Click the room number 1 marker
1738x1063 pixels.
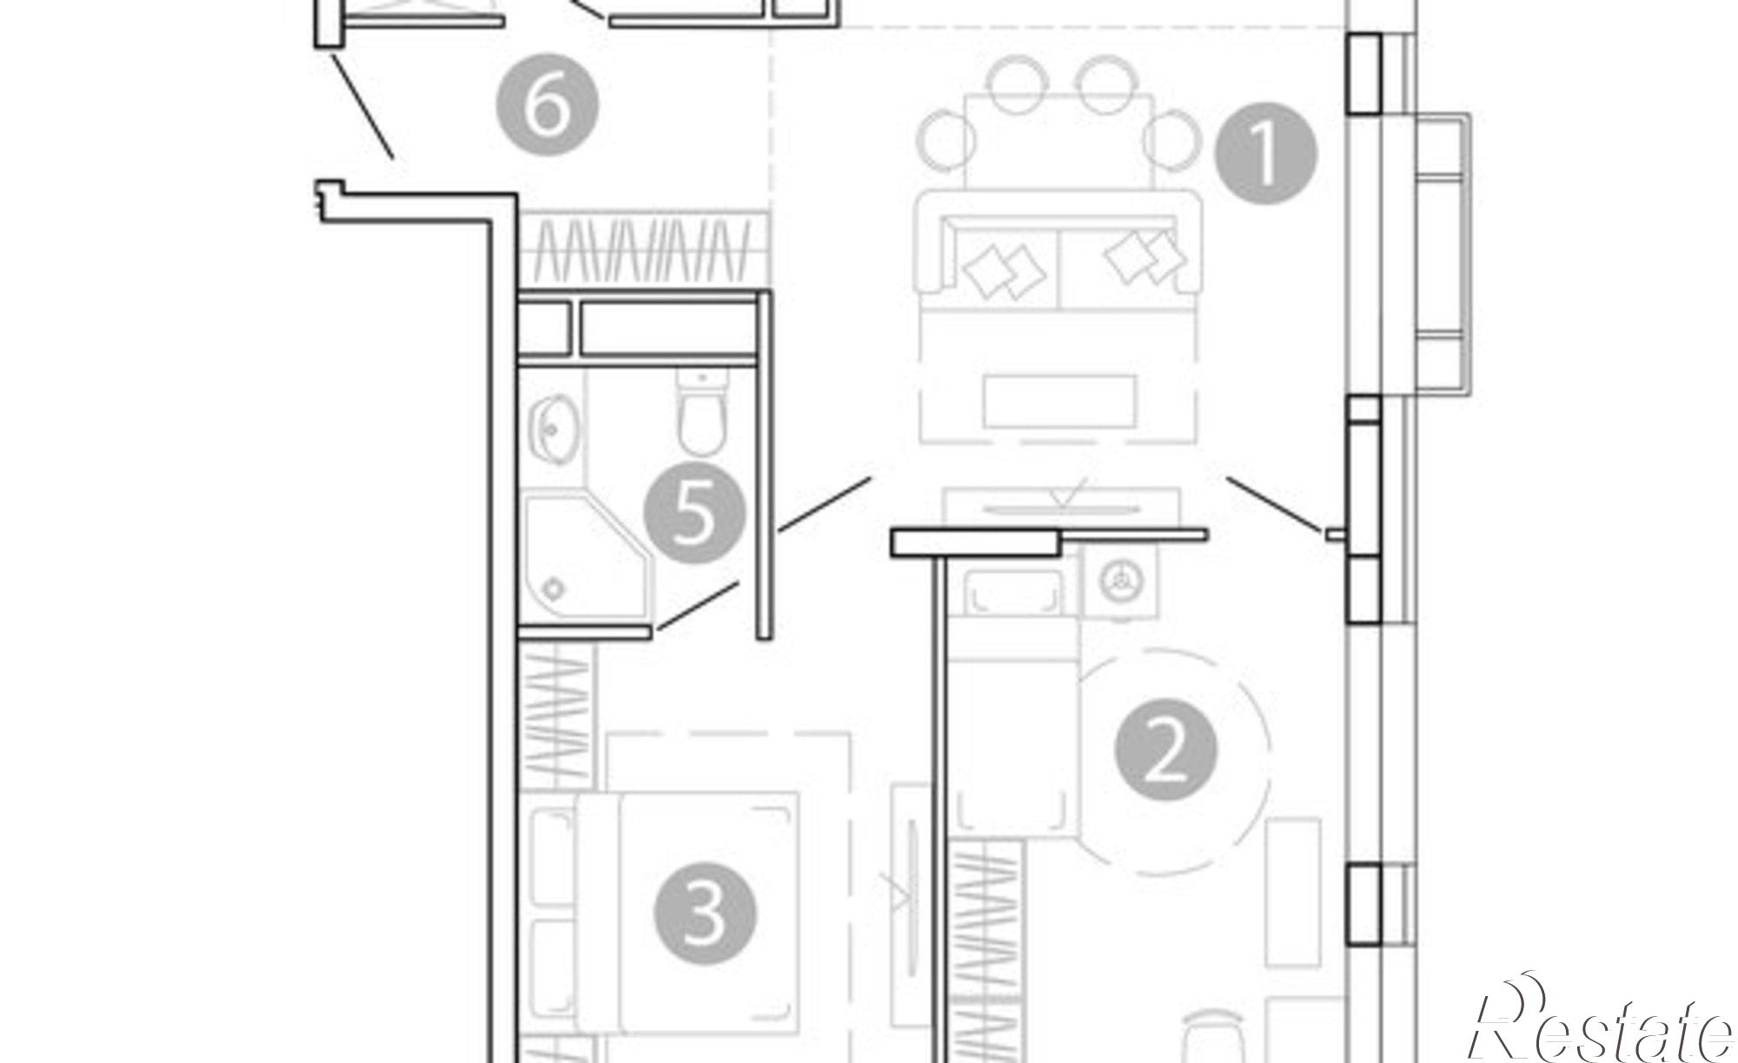point(1265,154)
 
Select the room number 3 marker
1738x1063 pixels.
point(705,914)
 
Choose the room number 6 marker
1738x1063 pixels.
point(547,105)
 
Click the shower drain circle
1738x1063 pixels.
point(554,588)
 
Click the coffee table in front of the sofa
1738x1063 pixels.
point(1060,401)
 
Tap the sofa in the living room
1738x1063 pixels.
point(1059,249)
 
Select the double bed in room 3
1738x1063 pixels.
point(687,913)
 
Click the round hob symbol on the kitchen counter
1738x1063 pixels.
point(1119,581)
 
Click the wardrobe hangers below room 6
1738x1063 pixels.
point(643,249)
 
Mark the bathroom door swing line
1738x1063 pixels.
point(698,605)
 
